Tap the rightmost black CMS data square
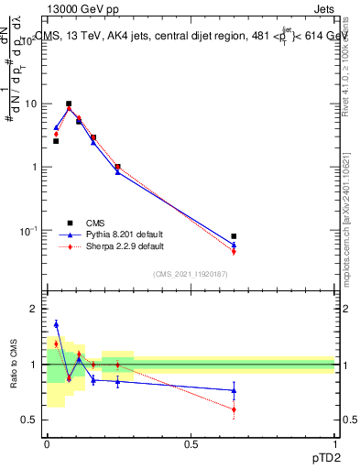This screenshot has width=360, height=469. pos(234,236)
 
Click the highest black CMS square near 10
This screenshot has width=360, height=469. pos(69,104)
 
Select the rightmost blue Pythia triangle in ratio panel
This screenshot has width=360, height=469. pos(234,390)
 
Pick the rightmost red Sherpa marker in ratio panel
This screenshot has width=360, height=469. pos(234,409)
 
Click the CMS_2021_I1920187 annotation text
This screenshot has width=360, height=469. pos(190,274)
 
